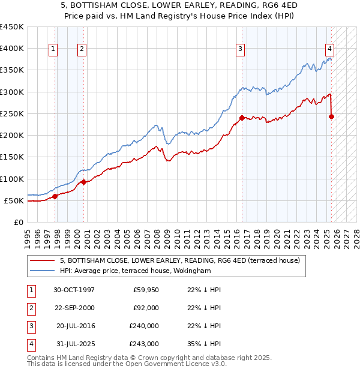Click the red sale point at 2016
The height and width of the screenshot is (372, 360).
click(x=242, y=118)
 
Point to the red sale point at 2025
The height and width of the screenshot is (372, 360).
click(x=332, y=116)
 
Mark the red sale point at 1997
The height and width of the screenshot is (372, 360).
click(x=55, y=196)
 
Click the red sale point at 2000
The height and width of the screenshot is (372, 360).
click(x=83, y=182)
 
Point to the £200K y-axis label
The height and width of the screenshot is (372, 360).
click(x=12, y=136)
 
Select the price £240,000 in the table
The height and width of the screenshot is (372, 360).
click(x=144, y=326)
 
